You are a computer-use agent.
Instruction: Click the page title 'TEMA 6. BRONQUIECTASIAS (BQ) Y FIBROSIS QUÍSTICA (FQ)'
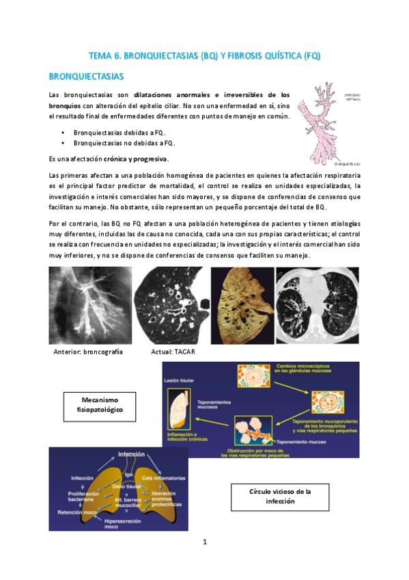pyautogui.click(x=205, y=55)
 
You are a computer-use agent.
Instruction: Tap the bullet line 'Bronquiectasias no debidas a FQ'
pyautogui.click(x=124, y=143)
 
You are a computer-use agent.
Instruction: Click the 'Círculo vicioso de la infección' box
pyautogui.click(x=280, y=497)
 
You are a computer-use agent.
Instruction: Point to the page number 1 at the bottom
pyautogui.click(x=204, y=542)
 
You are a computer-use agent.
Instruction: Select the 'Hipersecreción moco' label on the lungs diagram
pyautogui.click(x=120, y=523)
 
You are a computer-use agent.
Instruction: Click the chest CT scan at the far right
pyautogui.click(x=317, y=305)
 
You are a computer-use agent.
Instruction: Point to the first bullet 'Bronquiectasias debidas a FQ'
pyautogui.click(x=119, y=132)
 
